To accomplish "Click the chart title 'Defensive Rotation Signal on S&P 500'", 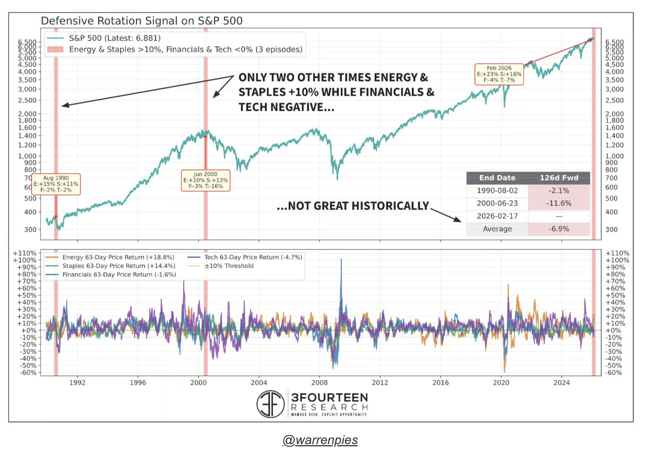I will (x=142, y=21).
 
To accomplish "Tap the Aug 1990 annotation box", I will (x=56, y=184).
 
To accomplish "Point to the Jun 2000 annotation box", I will (x=205, y=180).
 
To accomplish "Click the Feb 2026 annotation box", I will (x=499, y=74).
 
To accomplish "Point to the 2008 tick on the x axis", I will (x=319, y=382).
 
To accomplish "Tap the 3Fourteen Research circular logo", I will (x=271, y=404).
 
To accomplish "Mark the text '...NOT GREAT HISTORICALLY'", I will (x=352, y=206).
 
